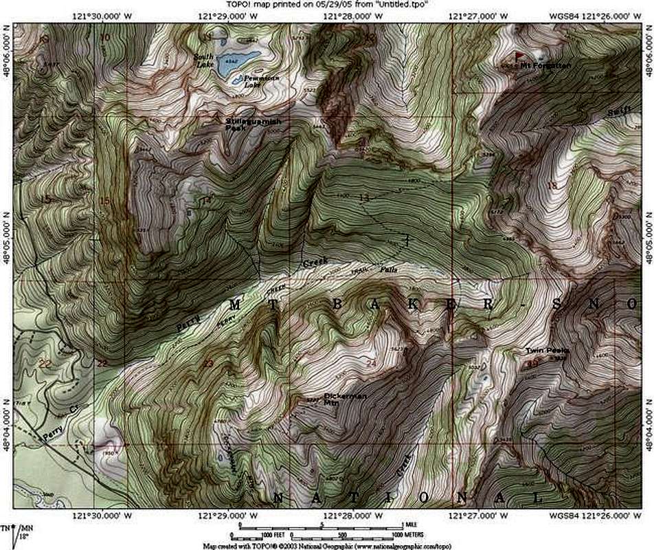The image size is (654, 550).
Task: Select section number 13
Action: pyautogui.click(x=363, y=198)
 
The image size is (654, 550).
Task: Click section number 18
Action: pyautogui.click(x=551, y=185)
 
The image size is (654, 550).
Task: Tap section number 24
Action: pyautogui.click(x=372, y=362)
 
